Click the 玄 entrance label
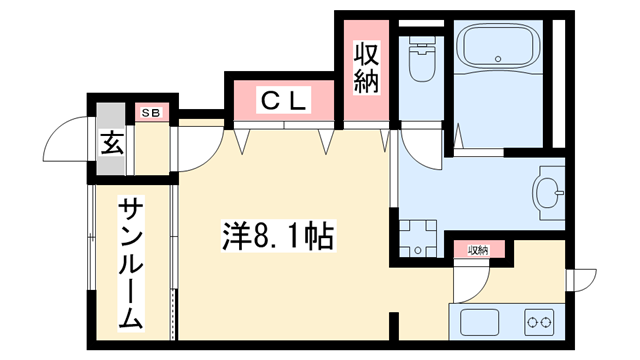click(110, 143)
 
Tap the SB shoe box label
click(154, 112)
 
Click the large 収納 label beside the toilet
click(365, 68)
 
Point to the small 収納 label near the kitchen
click(479, 250)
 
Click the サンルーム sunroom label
click(132, 264)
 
